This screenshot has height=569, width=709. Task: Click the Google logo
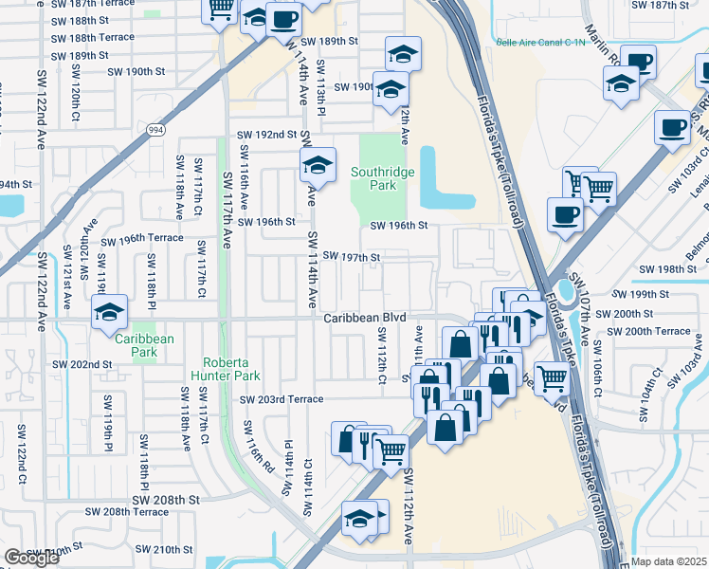tap(31, 559)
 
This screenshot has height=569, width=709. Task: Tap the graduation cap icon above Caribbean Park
tap(109, 310)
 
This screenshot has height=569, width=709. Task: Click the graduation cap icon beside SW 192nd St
tap(318, 164)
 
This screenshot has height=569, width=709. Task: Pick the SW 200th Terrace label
tap(649, 331)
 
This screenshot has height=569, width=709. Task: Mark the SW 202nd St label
tap(82, 364)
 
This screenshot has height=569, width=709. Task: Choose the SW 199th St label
tap(649, 295)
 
